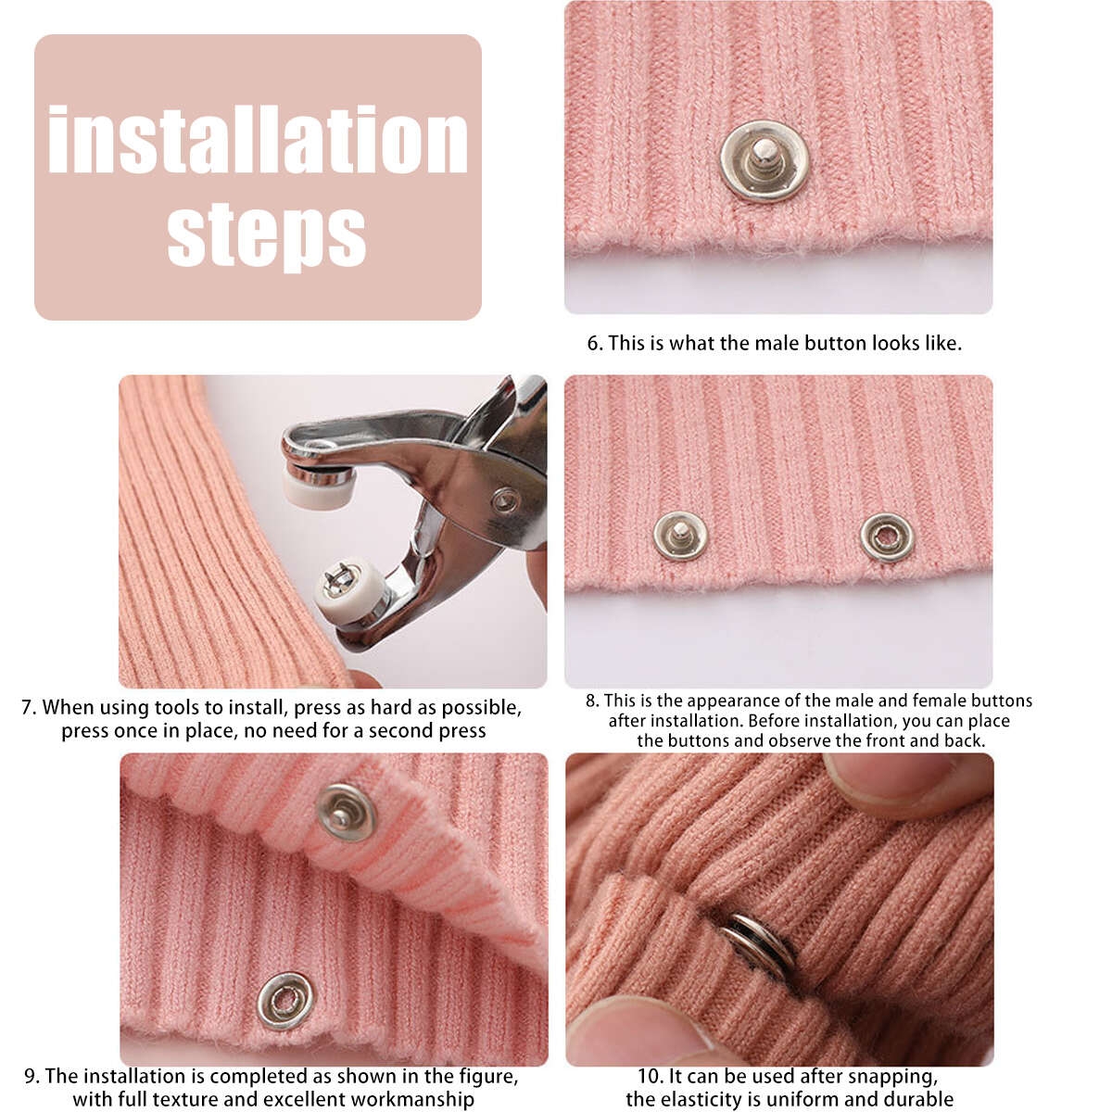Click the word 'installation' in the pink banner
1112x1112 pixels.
click(x=258, y=139)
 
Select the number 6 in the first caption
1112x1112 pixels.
click(x=593, y=344)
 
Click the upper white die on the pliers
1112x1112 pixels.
click(x=315, y=488)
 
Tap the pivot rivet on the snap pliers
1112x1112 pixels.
click(x=506, y=499)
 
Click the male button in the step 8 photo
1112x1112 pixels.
click(x=680, y=536)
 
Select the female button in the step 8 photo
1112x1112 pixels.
click(x=887, y=537)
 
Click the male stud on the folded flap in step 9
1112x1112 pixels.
click(x=347, y=813)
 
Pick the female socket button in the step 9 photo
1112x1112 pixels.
click(x=285, y=1001)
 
